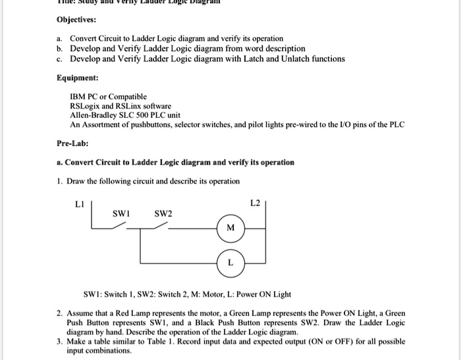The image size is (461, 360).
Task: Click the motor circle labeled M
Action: click(230, 228)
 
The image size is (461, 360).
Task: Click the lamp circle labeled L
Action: click(230, 262)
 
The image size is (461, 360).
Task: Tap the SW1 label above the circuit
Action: click(122, 213)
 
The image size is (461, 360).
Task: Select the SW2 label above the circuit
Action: click(163, 213)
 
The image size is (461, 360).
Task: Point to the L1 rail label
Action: click(80, 203)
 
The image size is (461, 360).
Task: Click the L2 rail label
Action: click(256, 203)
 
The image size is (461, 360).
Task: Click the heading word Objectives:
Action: click(76, 20)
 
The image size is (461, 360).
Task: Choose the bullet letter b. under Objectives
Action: click(59, 49)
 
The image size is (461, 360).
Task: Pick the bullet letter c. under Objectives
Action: click(59, 59)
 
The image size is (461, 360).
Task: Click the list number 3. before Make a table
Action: click(59, 342)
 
